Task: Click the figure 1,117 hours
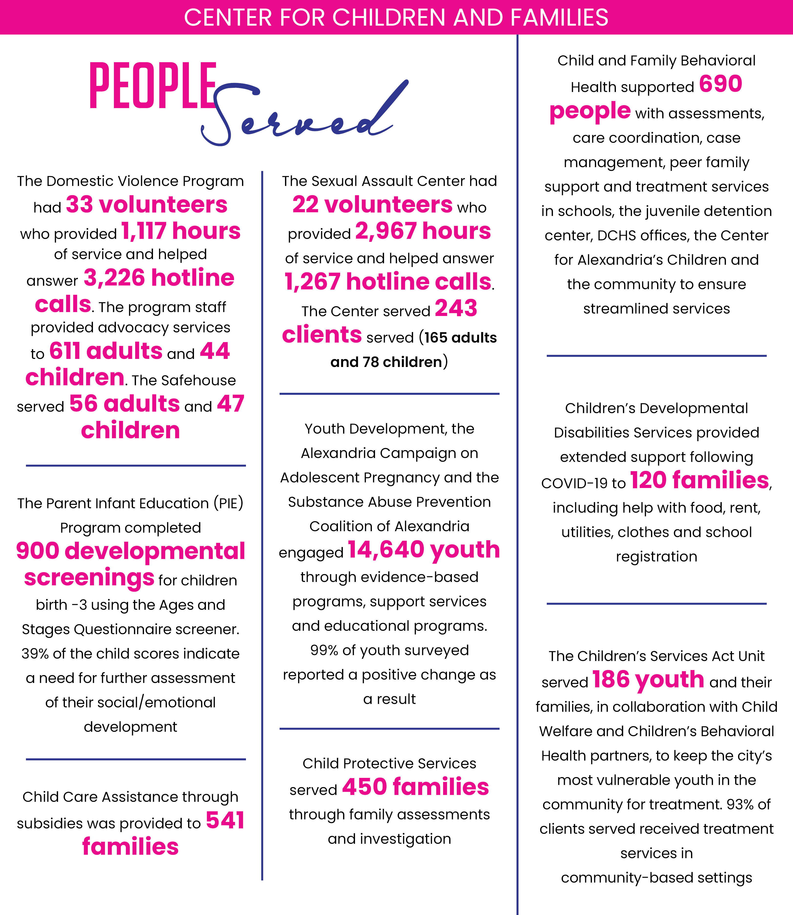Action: pos(181,231)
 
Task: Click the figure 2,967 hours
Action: pos(423,231)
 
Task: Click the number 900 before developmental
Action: pos(38,551)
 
